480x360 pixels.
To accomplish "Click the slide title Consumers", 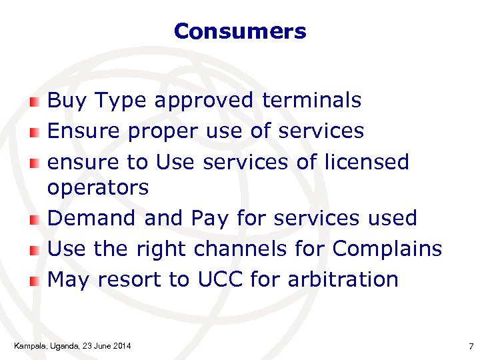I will [x=239, y=31].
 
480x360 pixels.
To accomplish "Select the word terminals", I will [x=312, y=101].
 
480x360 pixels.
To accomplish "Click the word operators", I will [x=98, y=188].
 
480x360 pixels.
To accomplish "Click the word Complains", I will [x=387, y=249].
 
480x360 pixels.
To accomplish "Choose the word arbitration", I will [x=343, y=279].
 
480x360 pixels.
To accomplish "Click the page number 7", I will [x=471, y=346].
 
